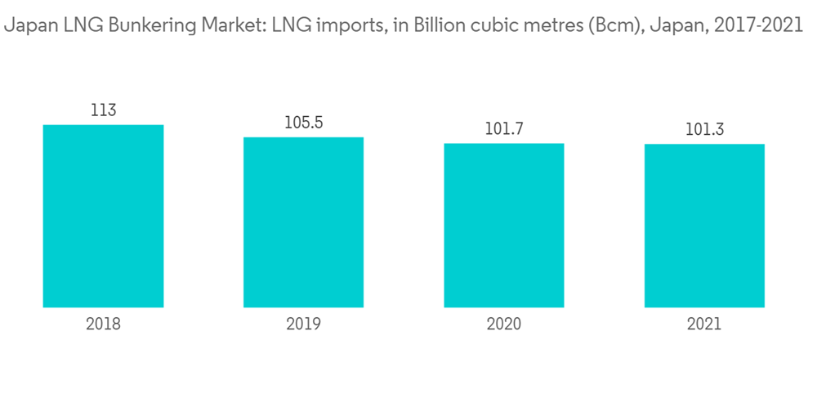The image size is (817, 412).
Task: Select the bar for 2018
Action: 103,216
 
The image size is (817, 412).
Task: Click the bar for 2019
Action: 303,222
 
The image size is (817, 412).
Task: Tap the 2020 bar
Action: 504,225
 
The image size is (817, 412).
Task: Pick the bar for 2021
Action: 704,226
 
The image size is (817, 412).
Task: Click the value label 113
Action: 103,110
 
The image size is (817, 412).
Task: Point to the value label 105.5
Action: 303,123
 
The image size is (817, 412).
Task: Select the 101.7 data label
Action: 504,129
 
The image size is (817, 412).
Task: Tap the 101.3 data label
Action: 704,130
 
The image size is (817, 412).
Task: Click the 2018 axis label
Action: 103,324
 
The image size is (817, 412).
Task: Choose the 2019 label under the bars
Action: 303,324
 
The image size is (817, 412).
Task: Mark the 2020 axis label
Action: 504,324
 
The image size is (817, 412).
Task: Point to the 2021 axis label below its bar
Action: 704,324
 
